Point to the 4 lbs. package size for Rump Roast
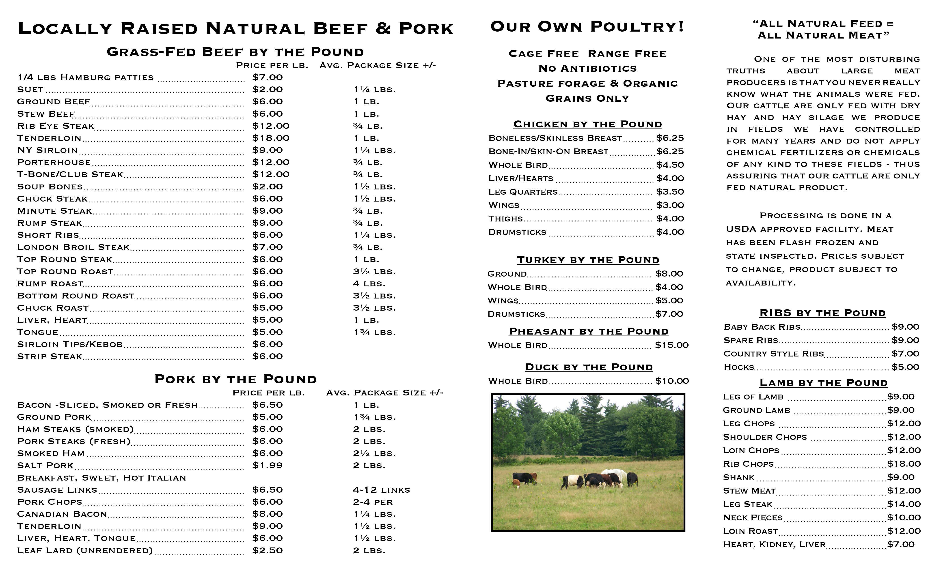[369, 283]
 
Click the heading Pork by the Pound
[236, 379]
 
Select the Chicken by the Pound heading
[587, 125]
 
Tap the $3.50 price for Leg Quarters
[670, 192]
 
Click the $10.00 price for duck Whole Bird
[672, 381]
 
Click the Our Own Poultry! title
[587, 27]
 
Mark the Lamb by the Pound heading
[823, 383]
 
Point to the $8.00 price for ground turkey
[669, 274]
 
